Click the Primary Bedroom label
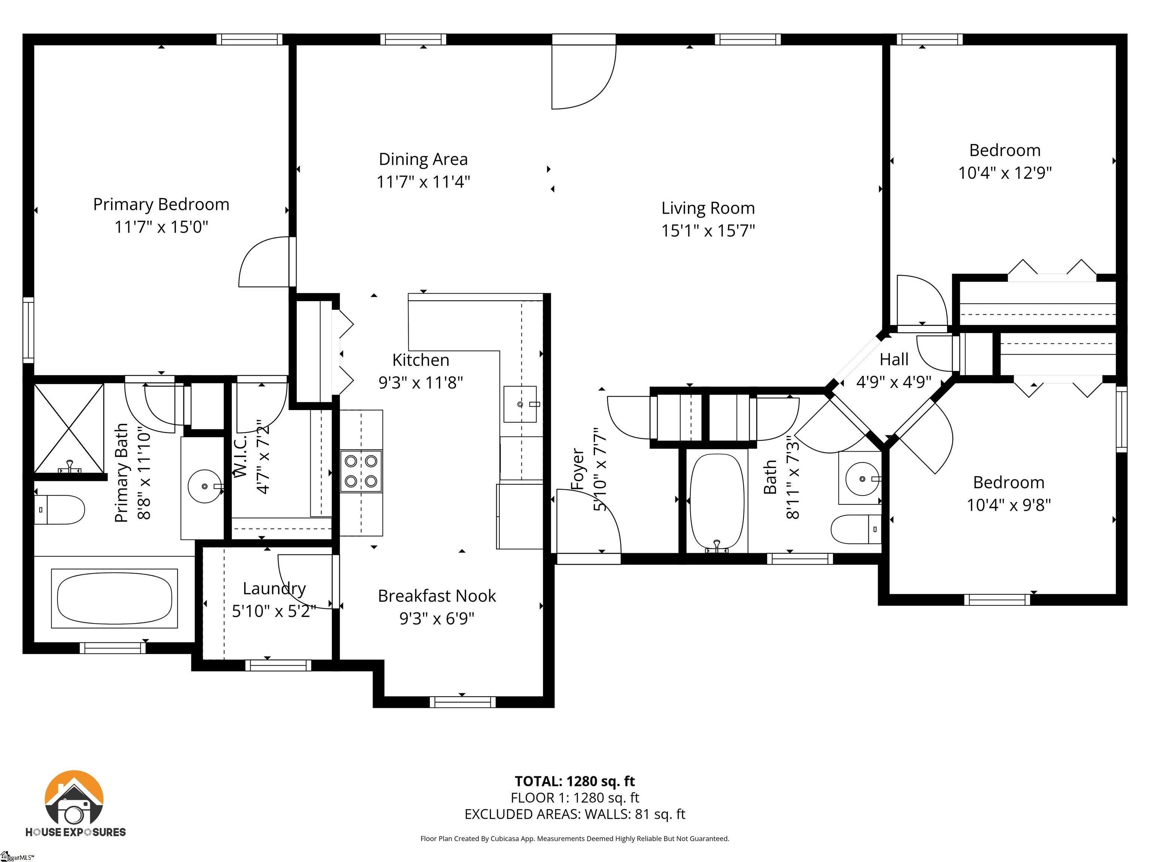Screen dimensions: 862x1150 [161, 204]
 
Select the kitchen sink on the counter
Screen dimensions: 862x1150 [520, 404]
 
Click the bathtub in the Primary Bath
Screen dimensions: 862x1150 [115, 598]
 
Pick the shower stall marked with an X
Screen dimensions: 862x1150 [69, 428]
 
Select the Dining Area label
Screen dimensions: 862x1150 [423, 159]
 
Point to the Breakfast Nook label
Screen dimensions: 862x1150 [437, 596]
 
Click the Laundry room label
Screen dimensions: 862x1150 [274, 588]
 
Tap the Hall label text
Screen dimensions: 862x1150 [894, 359]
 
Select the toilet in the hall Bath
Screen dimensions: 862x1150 [856, 529]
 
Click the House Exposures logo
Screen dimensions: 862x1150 [75, 803]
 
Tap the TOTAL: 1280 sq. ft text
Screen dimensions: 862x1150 [575, 781]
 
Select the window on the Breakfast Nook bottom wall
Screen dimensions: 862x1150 [462, 702]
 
